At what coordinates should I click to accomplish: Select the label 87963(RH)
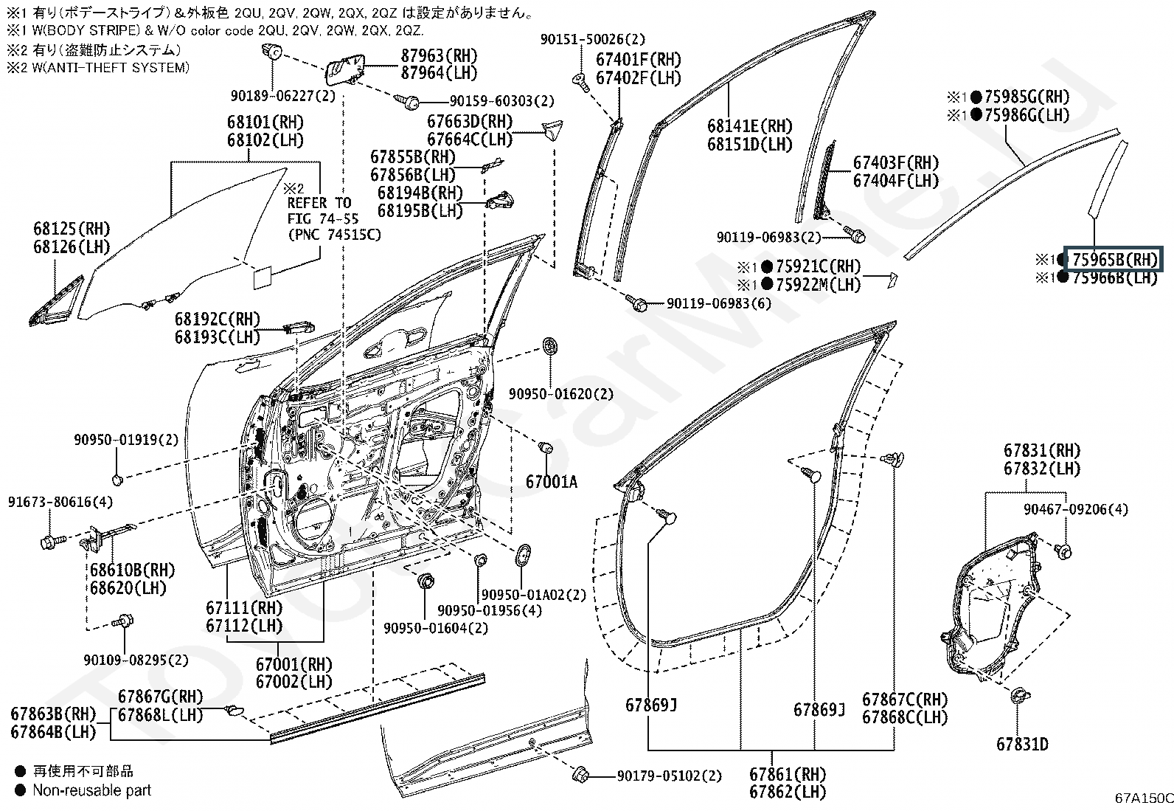pyautogui.click(x=440, y=55)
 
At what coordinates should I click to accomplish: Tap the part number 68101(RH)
pyautogui.click(x=265, y=122)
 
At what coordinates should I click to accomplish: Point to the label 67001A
pyautogui.click(x=552, y=482)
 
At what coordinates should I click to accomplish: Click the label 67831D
pyautogui.click(x=1022, y=744)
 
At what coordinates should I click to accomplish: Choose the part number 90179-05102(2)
pyautogui.click(x=670, y=776)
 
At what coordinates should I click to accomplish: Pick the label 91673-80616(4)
pyautogui.click(x=60, y=502)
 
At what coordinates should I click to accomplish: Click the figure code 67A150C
pyautogui.click(x=1144, y=798)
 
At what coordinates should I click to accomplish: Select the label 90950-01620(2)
pyautogui.click(x=560, y=394)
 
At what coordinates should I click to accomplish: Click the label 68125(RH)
pyautogui.click(x=72, y=229)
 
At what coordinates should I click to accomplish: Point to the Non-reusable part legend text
pyautogui.click(x=91, y=790)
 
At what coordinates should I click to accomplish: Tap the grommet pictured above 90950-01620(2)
pyautogui.click(x=549, y=346)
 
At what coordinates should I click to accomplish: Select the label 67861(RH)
pyautogui.click(x=787, y=774)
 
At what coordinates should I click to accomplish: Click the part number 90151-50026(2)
pyautogui.click(x=593, y=39)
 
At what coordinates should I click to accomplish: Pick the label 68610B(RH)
pyautogui.click(x=132, y=570)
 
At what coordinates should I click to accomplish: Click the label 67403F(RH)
pyautogui.click(x=896, y=162)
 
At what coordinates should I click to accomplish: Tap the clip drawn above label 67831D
pyautogui.click(x=1019, y=696)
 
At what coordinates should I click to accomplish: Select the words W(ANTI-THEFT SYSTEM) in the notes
pyautogui.click(x=111, y=68)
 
